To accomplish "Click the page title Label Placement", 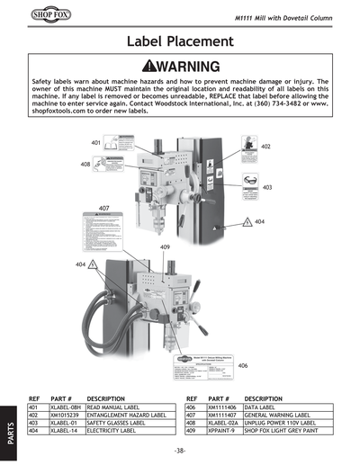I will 180,41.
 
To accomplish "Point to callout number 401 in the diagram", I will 95,143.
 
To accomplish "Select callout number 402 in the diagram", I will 265,146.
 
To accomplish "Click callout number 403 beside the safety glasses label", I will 267,187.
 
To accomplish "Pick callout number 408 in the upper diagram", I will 85,165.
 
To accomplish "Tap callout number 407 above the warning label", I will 104,207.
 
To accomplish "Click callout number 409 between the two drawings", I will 166,246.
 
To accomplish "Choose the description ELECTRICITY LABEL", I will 115,431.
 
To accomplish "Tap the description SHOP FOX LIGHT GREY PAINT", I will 286,431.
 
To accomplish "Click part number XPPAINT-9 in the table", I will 222,431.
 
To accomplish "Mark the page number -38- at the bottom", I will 180,450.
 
